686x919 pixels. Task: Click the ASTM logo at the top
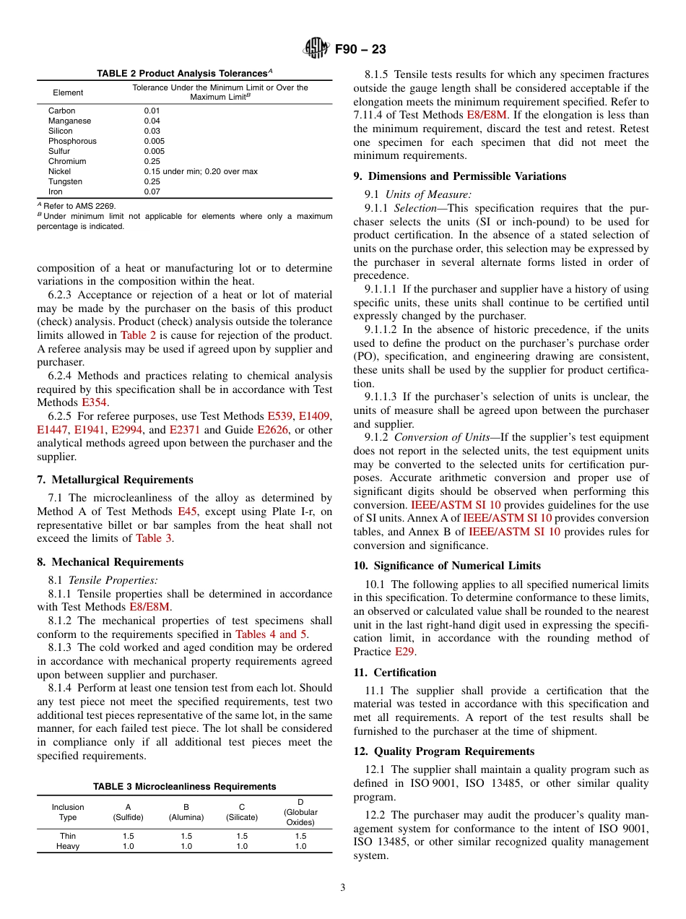click(316, 49)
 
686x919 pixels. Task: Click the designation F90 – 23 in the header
click(360, 49)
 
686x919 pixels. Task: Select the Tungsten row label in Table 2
click(65, 181)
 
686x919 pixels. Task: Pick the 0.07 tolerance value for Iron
click(152, 191)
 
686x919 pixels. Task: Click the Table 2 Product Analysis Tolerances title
click(184, 73)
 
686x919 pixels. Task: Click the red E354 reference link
click(94, 402)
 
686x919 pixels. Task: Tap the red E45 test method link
click(187, 512)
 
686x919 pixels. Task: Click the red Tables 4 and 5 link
click(271, 634)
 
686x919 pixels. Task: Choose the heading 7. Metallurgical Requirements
click(115, 480)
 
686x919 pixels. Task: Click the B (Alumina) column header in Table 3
click(186, 812)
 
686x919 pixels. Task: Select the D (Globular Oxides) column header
click(300, 812)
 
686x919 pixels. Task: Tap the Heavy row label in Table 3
click(68, 846)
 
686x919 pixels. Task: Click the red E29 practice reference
click(404, 651)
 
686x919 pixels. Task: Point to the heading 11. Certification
click(395, 673)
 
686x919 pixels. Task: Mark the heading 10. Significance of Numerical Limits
click(446, 566)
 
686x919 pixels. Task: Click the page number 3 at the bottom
click(342, 887)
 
